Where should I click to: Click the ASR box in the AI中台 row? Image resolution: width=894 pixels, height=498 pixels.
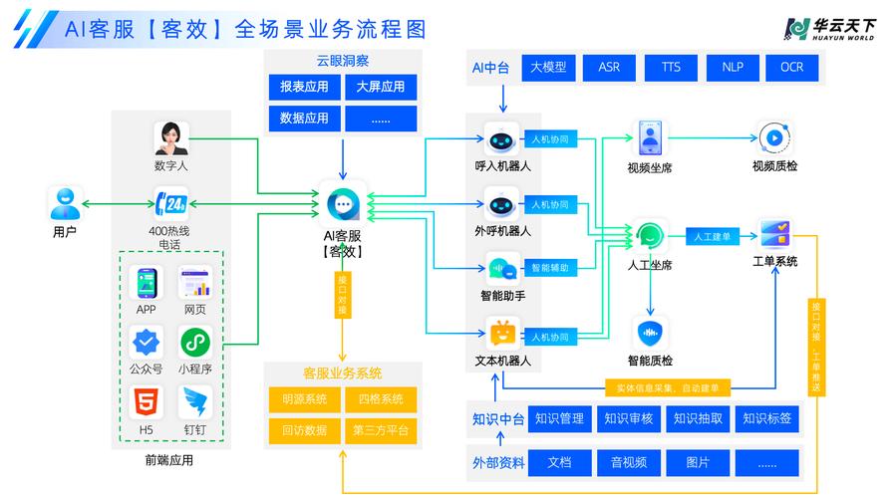coord(609,68)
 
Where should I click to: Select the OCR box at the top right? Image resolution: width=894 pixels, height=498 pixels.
coord(791,68)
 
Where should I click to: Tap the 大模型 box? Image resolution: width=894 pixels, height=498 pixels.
coord(548,68)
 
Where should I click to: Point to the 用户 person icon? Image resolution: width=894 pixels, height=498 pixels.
coord(65,204)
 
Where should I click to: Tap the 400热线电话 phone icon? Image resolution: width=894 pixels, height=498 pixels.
coord(170,204)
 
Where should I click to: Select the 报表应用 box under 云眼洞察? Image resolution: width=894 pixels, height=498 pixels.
coord(304,87)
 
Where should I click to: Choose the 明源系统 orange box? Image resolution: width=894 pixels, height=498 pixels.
coord(304,399)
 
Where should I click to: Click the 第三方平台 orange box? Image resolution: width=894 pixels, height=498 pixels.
coord(380,430)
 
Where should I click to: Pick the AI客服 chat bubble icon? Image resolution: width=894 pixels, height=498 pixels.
coord(344,204)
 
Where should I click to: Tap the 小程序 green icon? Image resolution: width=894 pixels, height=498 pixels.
coord(194,343)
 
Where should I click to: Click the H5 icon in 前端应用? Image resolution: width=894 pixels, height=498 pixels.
coord(146,402)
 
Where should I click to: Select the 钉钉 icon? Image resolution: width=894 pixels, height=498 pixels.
coord(194,402)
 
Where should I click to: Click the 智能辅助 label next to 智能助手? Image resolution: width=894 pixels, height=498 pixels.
coord(549,268)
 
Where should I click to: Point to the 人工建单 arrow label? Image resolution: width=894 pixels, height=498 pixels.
coord(712,237)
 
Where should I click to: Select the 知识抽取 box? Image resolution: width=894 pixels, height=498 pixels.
coord(698,419)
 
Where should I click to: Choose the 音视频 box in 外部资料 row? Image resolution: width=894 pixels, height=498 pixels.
coord(629,463)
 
